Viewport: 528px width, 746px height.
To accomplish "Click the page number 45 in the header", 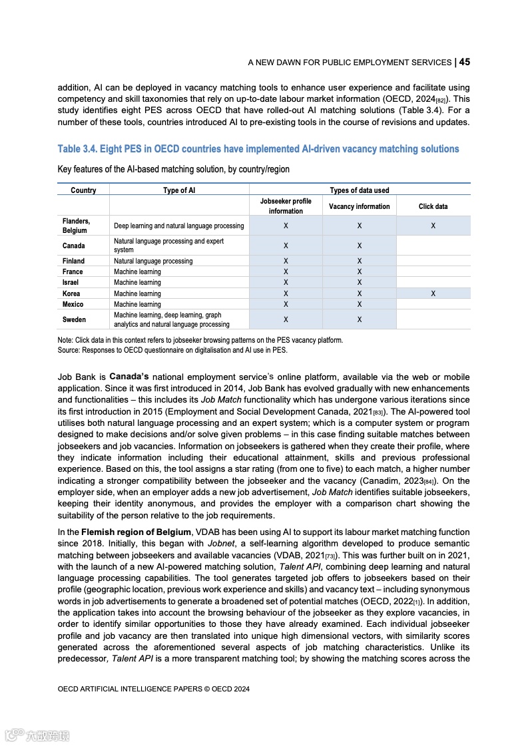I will (464, 62).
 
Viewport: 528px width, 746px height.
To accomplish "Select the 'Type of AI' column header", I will (179, 190).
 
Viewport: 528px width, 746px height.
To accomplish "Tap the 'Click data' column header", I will (433, 206).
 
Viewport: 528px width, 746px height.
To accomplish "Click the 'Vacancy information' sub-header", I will (359, 206).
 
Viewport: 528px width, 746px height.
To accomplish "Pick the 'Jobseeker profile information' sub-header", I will (286, 206).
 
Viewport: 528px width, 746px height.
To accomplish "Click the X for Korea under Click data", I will (433, 293).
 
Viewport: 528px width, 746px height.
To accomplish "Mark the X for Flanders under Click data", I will (433, 226).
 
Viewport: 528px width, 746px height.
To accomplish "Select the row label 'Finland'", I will (73, 261).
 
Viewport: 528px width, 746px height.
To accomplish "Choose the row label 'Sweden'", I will (74, 319).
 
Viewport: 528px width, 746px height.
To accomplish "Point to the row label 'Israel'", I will (71, 282).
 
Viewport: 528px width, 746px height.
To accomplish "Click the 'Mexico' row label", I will (73, 304).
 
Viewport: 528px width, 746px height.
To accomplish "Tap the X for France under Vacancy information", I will (359, 272).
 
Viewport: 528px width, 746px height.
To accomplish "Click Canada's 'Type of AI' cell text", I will (168, 246).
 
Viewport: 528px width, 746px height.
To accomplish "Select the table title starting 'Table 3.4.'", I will (258, 149).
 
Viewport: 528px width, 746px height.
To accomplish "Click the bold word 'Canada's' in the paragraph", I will (133, 377).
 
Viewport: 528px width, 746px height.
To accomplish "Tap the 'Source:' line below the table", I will (172, 350).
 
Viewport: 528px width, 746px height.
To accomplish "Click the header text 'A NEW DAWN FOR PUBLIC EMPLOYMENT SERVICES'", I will (350, 63).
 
